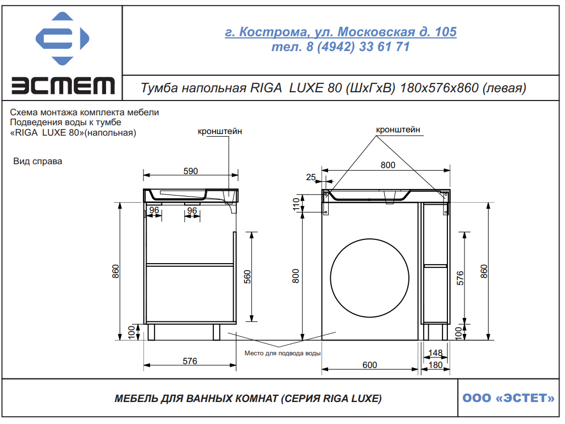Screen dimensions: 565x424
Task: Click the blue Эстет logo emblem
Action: click(62, 38)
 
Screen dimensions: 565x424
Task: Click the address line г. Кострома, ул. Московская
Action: click(341, 32)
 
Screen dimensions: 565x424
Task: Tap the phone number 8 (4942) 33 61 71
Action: click(358, 47)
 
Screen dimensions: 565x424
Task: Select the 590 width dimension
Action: click(191, 171)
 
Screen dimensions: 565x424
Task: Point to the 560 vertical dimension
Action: click(247, 277)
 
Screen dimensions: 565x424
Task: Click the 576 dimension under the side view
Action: click(190, 361)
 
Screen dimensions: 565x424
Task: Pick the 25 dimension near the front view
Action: click(311, 177)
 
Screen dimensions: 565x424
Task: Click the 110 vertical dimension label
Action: click(296, 204)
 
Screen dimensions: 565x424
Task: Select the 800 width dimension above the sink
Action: click(387, 165)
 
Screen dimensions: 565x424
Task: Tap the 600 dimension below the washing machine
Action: click(370, 365)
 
